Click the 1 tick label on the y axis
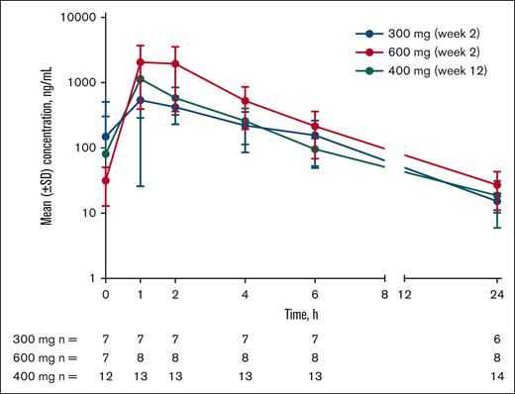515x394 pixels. (x=91, y=279)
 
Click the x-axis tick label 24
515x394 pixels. (x=497, y=295)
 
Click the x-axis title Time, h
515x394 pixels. (x=302, y=313)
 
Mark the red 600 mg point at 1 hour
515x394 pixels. (x=141, y=62)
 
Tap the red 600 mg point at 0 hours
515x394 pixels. (x=105, y=180)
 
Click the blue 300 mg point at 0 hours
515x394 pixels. (x=105, y=137)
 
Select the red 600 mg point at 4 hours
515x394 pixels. (x=245, y=101)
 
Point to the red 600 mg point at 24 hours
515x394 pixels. (x=497, y=185)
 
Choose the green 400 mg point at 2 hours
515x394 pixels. (x=175, y=98)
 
